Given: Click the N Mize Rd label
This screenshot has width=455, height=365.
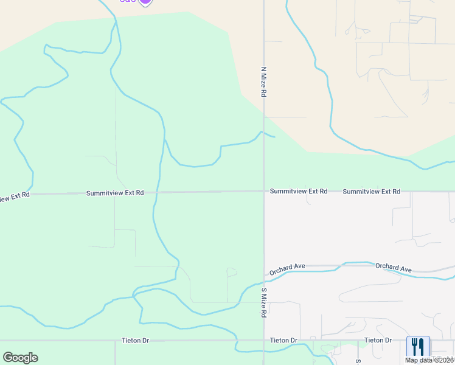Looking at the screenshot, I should (264, 83).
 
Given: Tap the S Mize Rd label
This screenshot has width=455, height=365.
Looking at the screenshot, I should (264, 302).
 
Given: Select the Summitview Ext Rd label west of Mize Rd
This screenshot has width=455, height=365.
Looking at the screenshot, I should (115, 193).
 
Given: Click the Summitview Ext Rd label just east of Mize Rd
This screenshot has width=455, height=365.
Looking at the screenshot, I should (299, 191).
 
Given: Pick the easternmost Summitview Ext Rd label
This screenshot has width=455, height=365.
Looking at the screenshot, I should (371, 192).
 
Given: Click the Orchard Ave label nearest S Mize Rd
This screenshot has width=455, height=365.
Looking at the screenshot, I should (288, 266).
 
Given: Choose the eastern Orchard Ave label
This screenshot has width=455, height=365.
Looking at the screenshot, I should (394, 267).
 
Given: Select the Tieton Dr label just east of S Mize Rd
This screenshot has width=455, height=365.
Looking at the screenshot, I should (283, 340).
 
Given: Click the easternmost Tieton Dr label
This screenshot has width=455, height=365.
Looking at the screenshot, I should (378, 340).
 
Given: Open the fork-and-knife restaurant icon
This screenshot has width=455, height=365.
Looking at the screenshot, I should (418, 347).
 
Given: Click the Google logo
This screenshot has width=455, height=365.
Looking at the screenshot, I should (20, 357).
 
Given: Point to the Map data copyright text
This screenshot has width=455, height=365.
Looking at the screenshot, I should (429, 360).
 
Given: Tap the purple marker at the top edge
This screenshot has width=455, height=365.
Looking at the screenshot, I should (145, 2).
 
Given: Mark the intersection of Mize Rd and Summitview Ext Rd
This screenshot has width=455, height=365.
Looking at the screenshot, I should (264, 192).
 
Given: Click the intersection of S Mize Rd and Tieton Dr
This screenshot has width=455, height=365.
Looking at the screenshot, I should (264, 341).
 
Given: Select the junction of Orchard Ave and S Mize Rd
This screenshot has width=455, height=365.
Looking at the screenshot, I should (264, 268).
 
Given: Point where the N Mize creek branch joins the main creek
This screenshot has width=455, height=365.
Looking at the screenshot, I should (165, 140).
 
